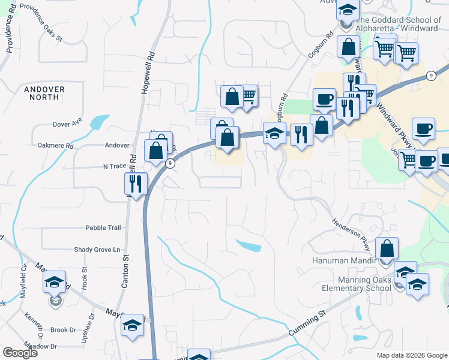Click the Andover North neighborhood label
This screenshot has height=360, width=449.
tap(44, 94)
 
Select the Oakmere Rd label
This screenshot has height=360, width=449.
tap(55, 145)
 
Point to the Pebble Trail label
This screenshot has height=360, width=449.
tap(103, 228)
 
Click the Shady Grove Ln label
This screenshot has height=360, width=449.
tap(97, 250)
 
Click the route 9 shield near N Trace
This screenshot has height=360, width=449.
tap(171, 164)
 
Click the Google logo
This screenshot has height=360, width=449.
tap(20, 353)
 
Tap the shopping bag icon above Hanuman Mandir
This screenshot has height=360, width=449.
tap(387, 248)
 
